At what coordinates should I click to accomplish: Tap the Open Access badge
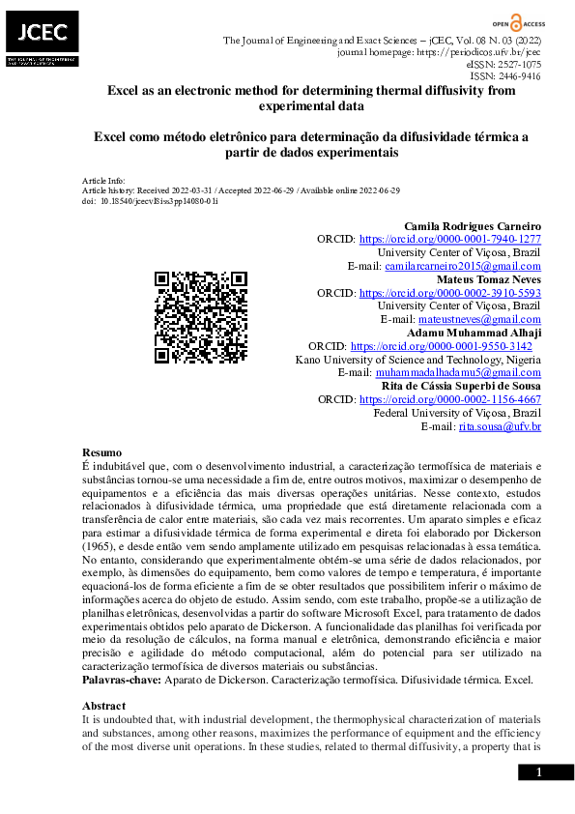[514, 21]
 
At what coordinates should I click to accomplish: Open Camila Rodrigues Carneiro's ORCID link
[449, 240]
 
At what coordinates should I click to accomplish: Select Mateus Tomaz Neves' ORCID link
[449, 293]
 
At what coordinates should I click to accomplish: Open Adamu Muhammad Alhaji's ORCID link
[441, 346]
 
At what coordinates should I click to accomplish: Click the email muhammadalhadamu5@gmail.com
[458, 372]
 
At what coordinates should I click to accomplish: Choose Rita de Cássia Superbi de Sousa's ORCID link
[449, 399]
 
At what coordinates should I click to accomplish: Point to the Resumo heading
[102, 452]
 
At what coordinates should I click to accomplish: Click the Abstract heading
[104, 706]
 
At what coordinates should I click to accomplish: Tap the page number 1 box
[539, 772]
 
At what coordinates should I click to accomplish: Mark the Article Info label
[103, 181]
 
